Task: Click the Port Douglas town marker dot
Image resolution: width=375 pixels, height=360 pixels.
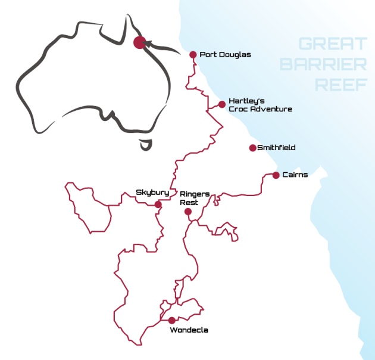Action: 193,55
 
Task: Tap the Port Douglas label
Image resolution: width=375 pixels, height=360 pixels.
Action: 225,55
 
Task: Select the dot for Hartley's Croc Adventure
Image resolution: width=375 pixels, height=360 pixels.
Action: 222,104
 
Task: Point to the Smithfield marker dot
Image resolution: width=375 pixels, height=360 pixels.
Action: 252,148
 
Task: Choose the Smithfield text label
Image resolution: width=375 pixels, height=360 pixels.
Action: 276,148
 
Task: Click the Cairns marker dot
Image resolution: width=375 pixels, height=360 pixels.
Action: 276,175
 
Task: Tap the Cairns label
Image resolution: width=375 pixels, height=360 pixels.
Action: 295,175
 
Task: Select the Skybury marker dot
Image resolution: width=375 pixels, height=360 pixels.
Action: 158,204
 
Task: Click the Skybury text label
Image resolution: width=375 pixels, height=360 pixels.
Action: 152,193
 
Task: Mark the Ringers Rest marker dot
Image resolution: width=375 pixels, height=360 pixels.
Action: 187,212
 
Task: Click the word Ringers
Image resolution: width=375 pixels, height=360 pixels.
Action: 194,194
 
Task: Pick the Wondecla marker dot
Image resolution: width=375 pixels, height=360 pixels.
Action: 171,320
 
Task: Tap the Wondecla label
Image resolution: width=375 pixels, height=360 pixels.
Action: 189,330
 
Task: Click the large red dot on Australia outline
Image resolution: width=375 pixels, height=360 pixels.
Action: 139,42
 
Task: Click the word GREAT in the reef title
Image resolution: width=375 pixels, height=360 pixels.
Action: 333,44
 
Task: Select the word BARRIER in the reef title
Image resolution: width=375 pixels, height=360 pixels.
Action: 324,64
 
